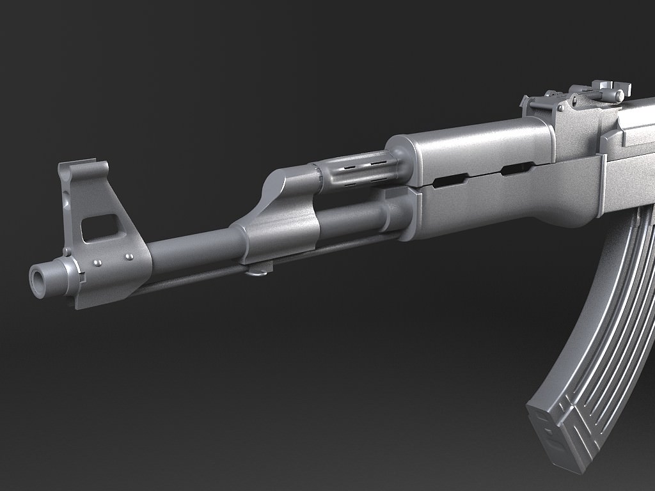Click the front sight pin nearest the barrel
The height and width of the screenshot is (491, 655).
(x=129, y=257)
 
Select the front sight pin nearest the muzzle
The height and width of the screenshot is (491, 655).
(x=97, y=263)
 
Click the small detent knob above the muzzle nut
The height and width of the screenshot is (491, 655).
(x=66, y=252)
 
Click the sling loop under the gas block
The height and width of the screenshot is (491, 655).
(x=258, y=272)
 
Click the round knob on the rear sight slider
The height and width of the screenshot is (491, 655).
(x=619, y=95)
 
